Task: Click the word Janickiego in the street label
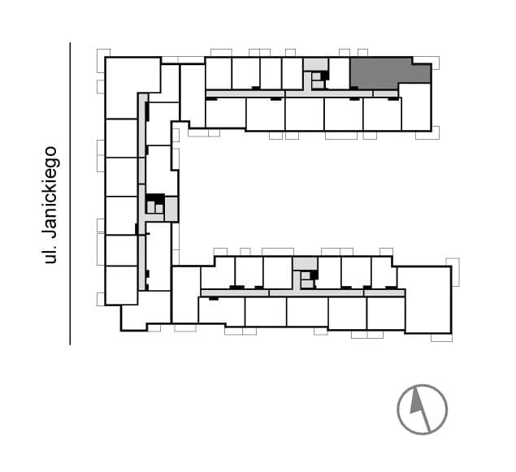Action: point(50,192)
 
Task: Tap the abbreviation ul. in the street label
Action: point(50,254)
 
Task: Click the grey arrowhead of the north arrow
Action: point(416,401)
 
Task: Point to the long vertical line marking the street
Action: point(70,193)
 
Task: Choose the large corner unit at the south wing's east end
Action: point(428,300)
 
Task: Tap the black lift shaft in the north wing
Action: point(325,76)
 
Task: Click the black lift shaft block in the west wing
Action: point(155,198)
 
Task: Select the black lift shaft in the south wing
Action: point(314,275)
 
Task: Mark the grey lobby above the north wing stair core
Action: point(315,64)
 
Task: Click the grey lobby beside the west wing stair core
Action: point(171,209)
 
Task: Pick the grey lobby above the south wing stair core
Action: point(305,263)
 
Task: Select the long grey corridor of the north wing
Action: point(301,93)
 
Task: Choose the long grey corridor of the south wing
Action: point(303,292)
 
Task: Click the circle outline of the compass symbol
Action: point(423,385)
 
